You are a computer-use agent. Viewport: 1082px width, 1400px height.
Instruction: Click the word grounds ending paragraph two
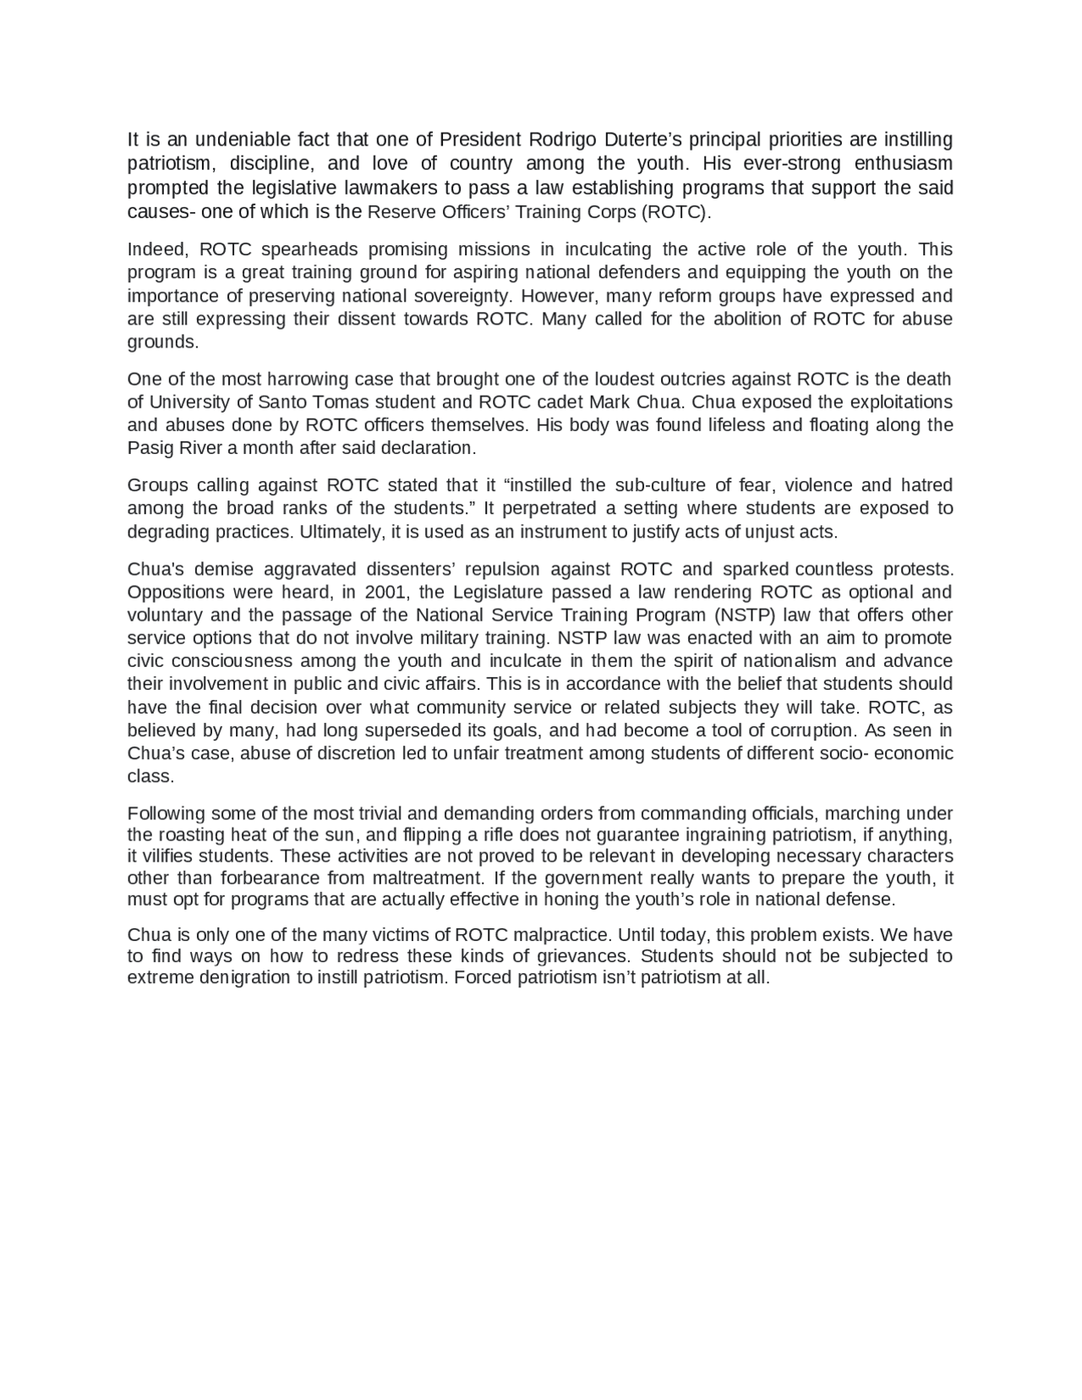(x=162, y=342)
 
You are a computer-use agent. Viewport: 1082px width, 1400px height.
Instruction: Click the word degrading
(x=167, y=532)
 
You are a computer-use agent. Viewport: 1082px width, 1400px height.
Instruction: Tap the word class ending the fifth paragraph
(x=150, y=776)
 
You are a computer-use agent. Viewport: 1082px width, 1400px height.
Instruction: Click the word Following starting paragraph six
(x=166, y=813)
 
